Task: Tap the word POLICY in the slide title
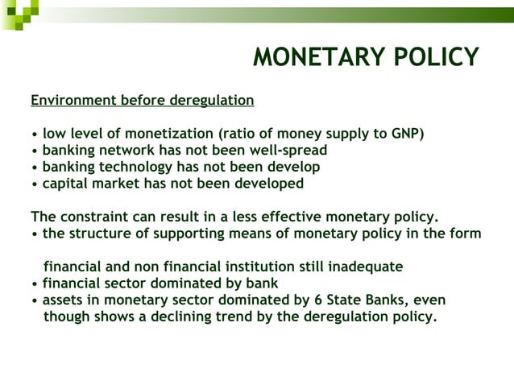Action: pos(436,57)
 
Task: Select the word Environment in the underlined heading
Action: pos(73,101)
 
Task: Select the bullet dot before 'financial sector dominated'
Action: pos(34,284)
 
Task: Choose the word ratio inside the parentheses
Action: pos(245,133)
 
